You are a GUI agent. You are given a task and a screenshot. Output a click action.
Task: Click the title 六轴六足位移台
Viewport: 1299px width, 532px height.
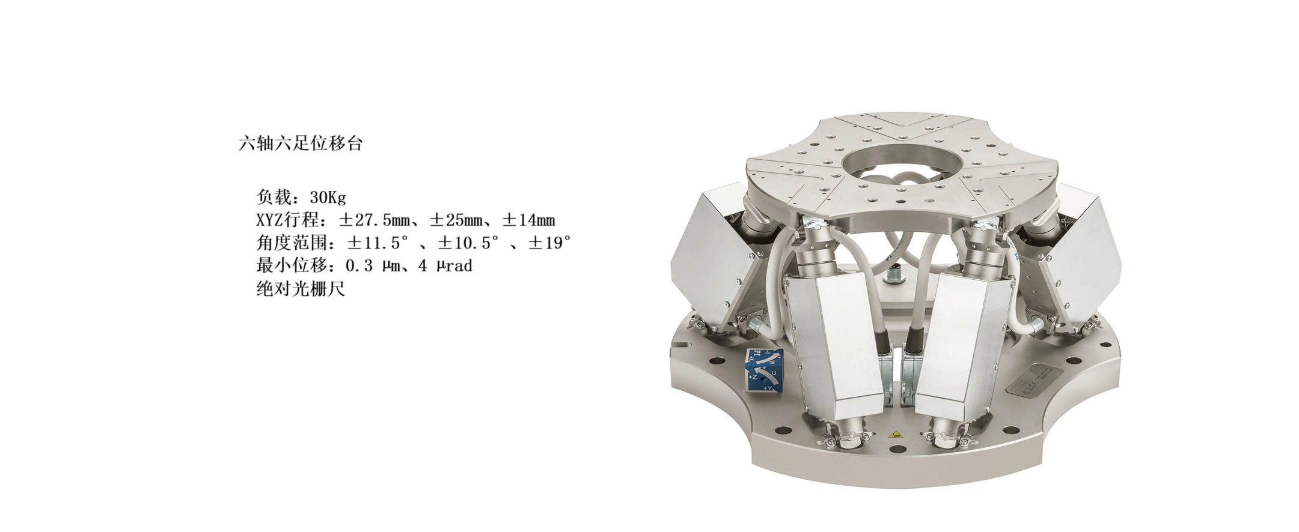301,144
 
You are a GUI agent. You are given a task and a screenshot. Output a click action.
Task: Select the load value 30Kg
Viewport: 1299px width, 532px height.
328,197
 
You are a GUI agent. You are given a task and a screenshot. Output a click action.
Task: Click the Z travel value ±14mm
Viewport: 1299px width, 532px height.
528,220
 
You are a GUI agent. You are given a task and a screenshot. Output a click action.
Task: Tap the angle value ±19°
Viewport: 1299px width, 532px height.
549,243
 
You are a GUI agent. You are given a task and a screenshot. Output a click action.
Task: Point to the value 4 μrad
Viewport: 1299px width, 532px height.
445,265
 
